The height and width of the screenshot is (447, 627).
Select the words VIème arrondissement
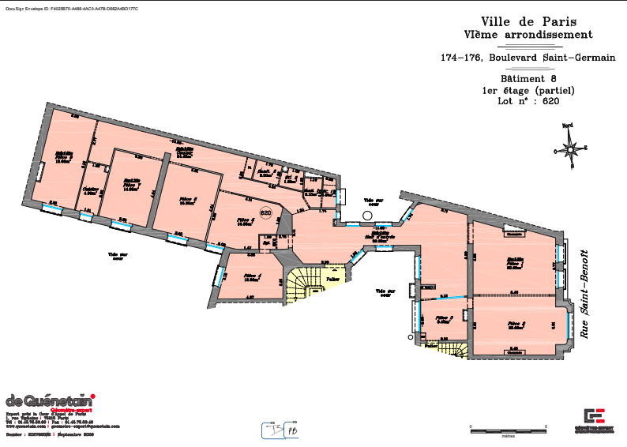[x=528, y=35]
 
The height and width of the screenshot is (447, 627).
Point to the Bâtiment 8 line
[x=528, y=79]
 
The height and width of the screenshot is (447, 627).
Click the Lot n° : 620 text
[x=528, y=101]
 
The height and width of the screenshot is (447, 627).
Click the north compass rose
[x=569, y=148]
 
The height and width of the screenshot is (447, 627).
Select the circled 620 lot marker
[x=265, y=212]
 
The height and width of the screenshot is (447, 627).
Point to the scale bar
[x=508, y=430]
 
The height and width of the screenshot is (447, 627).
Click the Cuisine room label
[x=91, y=190]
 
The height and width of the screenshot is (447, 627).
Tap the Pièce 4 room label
[x=252, y=276]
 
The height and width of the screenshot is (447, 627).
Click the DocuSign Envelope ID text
[x=61, y=7]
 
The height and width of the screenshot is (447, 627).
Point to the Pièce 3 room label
[x=443, y=321]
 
